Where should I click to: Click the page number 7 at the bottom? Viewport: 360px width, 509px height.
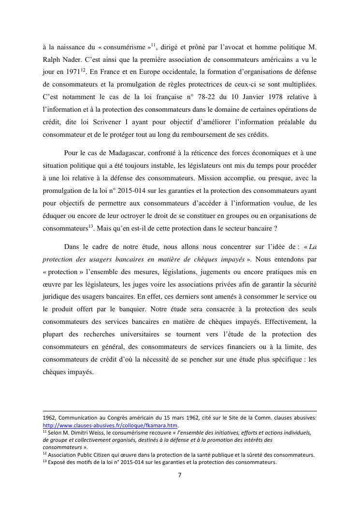(180, 475)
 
